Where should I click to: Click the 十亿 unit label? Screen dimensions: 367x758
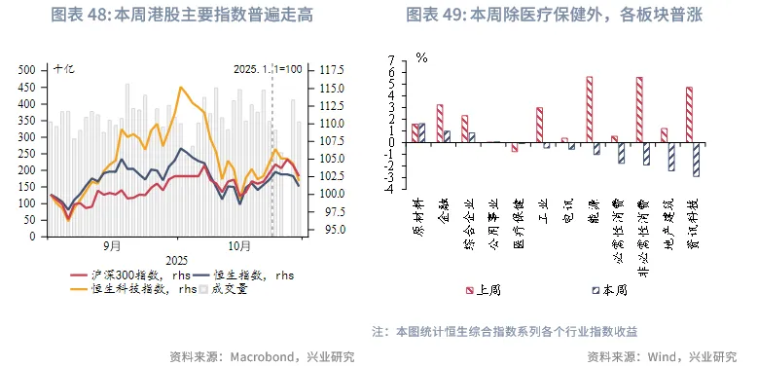63,69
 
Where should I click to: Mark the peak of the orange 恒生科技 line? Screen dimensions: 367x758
180,88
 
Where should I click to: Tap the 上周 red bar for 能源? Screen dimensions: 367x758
590,109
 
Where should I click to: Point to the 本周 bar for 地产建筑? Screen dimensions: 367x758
671,156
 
